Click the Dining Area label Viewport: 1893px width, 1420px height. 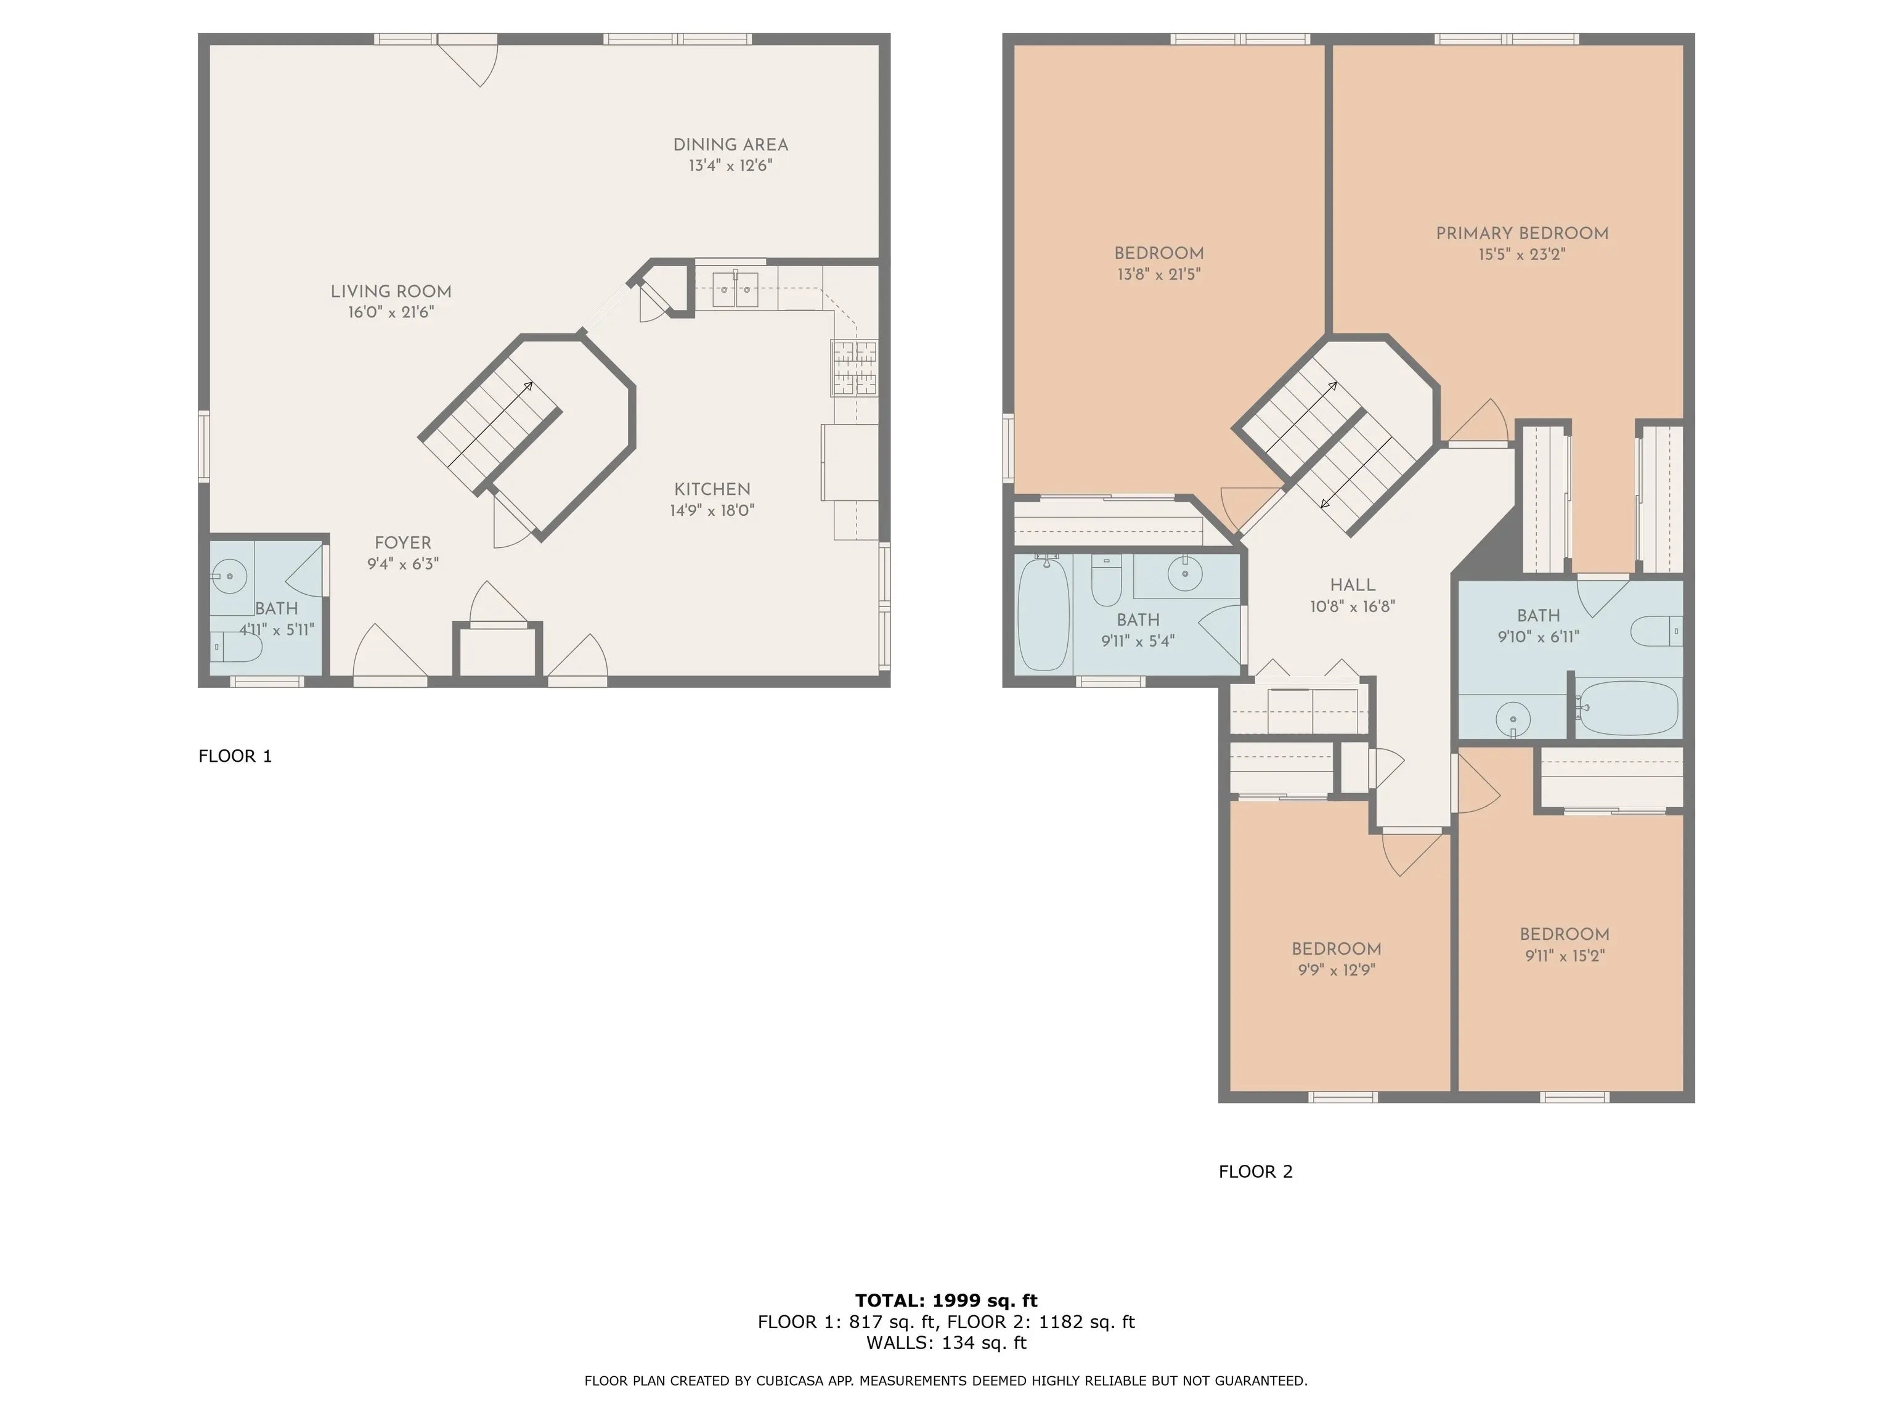[x=730, y=145]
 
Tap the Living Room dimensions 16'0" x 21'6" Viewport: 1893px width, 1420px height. [x=391, y=312]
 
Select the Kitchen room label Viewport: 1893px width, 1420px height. [x=712, y=489]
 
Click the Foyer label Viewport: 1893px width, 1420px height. [x=402, y=542]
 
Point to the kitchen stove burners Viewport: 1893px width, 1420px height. [x=854, y=367]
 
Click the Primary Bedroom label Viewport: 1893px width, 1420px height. [x=1521, y=234]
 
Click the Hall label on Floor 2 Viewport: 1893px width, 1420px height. [x=1352, y=586]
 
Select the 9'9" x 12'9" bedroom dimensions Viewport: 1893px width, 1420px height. [x=1336, y=969]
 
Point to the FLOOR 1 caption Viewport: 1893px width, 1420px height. [x=235, y=756]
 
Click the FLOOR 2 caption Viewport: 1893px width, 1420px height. [x=1255, y=1172]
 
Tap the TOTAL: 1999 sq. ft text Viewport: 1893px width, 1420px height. [x=946, y=1300]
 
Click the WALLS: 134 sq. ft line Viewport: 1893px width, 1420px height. [x=946, y=1343]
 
